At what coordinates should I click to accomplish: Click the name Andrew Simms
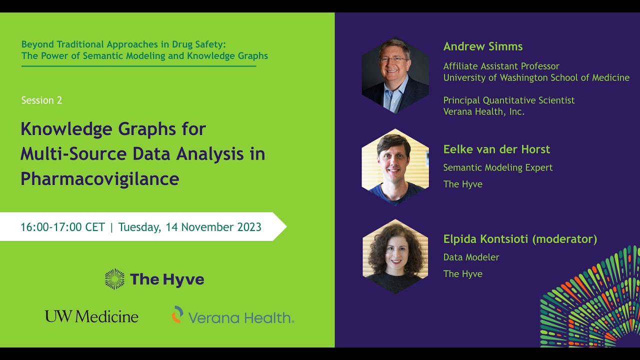click(x=482, y=46)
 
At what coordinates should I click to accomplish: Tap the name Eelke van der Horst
click(x=496, y=149)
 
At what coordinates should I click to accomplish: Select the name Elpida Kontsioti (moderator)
click(x=520, y=239)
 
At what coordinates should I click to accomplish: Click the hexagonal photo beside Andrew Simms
click(x=395, y=75)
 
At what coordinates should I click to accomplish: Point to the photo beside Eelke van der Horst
click(x=395, y=166)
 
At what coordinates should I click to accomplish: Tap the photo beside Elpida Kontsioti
click(x=395, y=256)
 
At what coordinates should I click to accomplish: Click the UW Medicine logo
click(x=91, y=316)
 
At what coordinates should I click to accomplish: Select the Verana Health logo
click(x=232, y=316)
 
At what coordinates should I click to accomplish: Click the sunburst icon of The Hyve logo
click(x=114, y=279)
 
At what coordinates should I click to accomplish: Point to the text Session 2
click(x=41, y=100)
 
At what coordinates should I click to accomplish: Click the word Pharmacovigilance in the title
click(x=99, y=178)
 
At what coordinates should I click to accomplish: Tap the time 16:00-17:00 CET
click(x=62, y=227)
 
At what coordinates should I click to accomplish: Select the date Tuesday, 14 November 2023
click(x=189, y=227)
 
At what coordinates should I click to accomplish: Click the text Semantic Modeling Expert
click(x=498, y=167)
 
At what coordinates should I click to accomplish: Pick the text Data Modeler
click(x=471, y=257)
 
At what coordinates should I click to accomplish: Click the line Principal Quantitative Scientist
click(x=509, y=100)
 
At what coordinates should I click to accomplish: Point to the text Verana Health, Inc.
click(x=484, y=111)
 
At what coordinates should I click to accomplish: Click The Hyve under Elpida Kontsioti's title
click(x=462, y=274)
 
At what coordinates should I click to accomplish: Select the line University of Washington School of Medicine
click(x=536, y=77)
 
